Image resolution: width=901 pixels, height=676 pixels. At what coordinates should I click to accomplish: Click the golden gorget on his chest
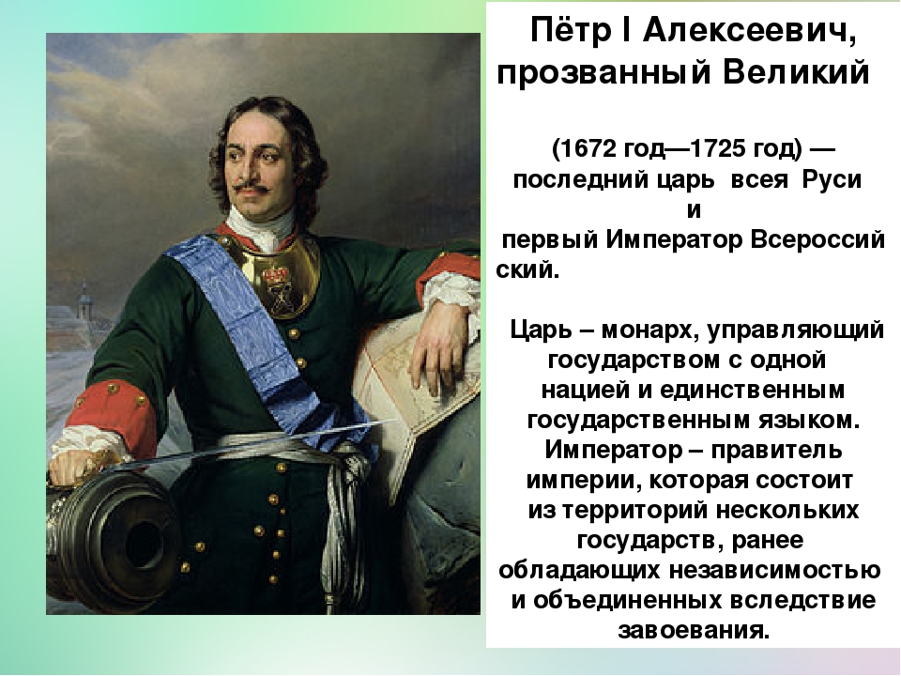click(273, 276)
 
